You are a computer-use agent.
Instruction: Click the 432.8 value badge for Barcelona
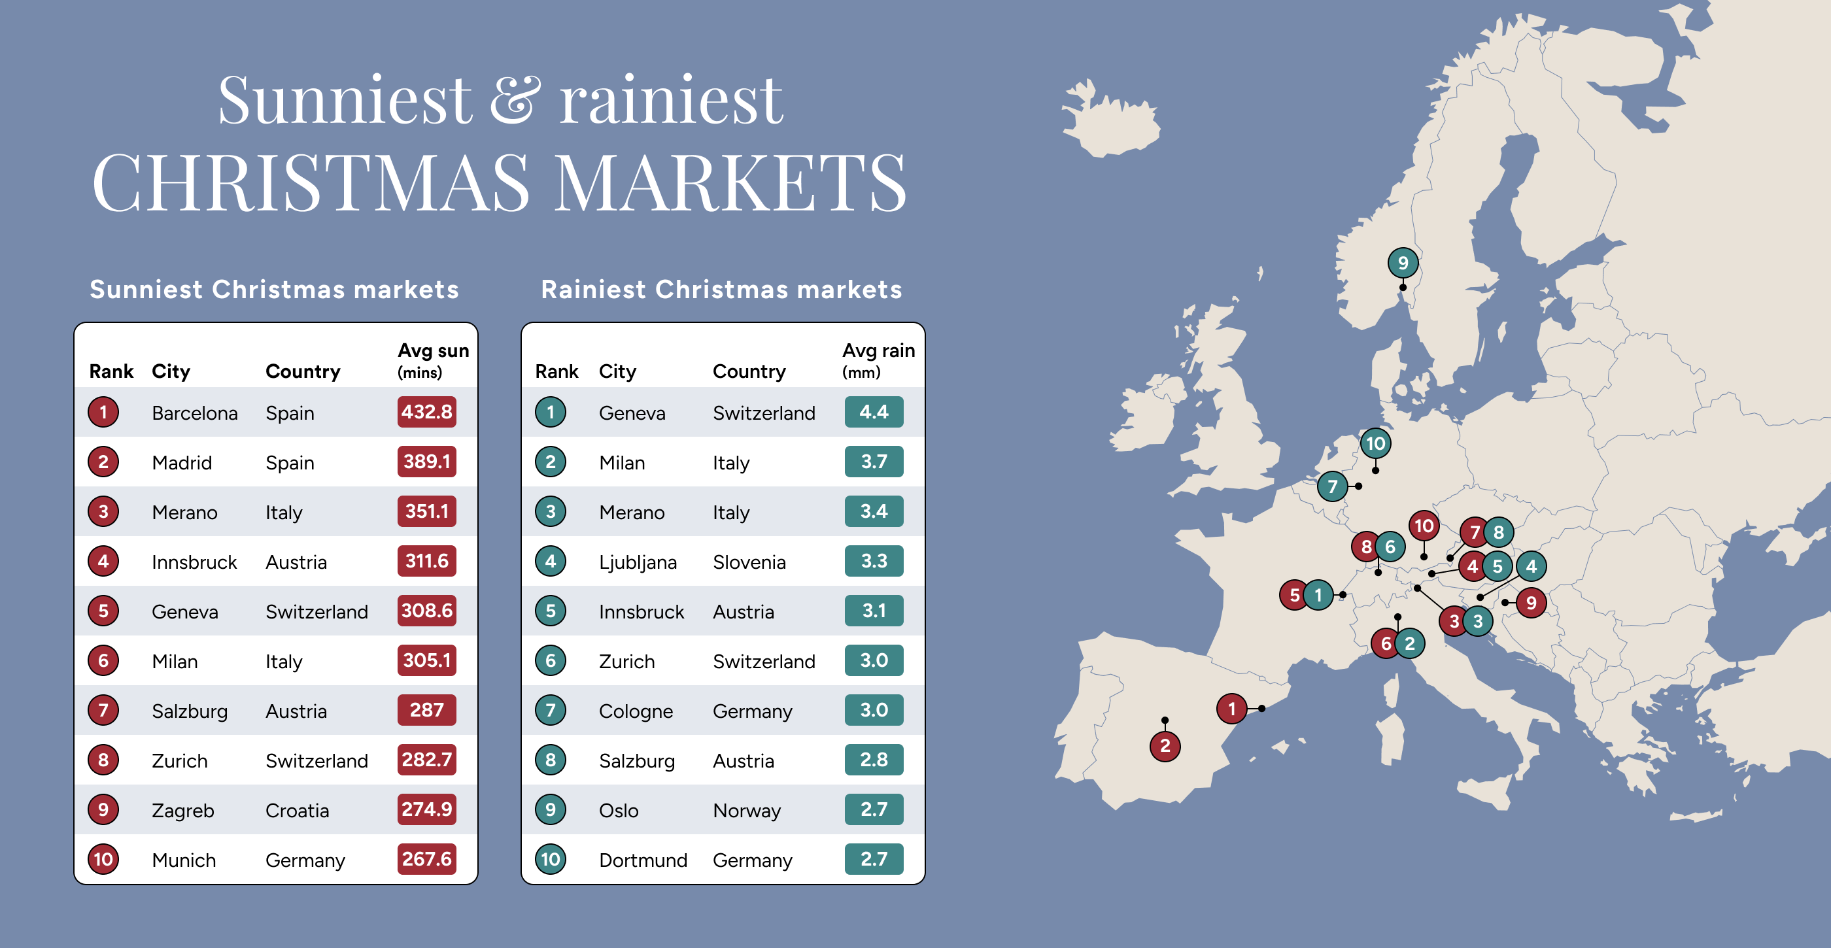point(426,412)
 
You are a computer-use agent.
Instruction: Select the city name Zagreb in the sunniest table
point(182,810)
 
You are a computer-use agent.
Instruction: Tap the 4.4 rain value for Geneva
point(874,412)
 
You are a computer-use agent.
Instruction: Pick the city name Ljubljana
point(637,562)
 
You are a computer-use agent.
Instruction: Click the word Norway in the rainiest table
point(746,810)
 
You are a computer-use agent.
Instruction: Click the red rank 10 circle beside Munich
point(103,859)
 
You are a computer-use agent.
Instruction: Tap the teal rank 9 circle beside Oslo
point(550,809)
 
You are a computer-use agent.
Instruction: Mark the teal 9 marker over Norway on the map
point(1403,263)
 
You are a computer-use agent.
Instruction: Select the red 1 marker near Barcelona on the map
point(1232,709)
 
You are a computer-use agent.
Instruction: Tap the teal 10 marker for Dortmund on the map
point(1375,443)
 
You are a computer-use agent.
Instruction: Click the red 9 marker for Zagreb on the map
point(1531,603)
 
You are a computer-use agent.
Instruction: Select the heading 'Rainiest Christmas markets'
point(721,290)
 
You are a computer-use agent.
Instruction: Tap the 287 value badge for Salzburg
point(426,710)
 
